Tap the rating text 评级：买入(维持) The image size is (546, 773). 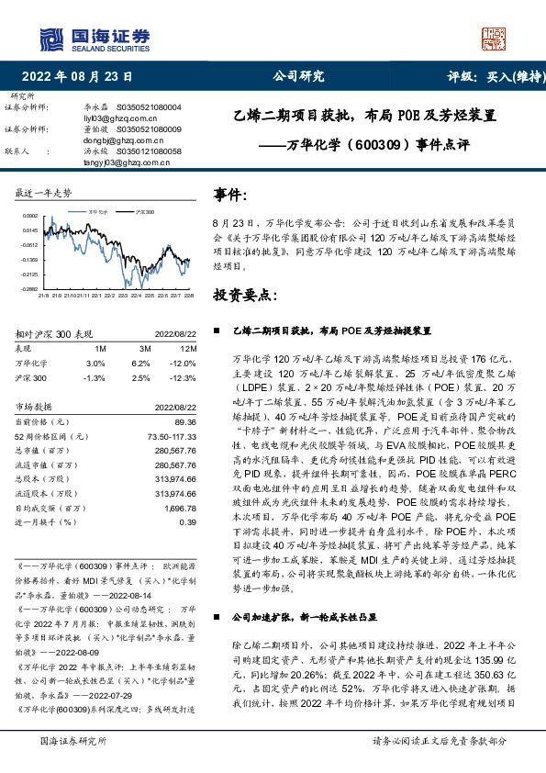tap(490, 76)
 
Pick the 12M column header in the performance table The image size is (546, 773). tap(189, 349)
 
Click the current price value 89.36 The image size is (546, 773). tap(185, 420)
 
